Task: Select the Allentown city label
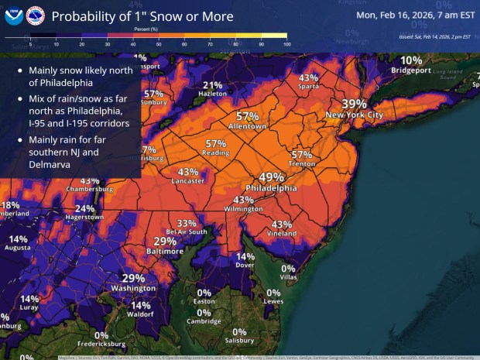(248, 126)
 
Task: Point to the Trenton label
(302, 165)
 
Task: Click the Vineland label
(282, 234)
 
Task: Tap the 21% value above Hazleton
(212, 85)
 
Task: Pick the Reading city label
(216, 153)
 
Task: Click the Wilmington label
(243, 209)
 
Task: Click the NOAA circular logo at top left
(13, 15)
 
